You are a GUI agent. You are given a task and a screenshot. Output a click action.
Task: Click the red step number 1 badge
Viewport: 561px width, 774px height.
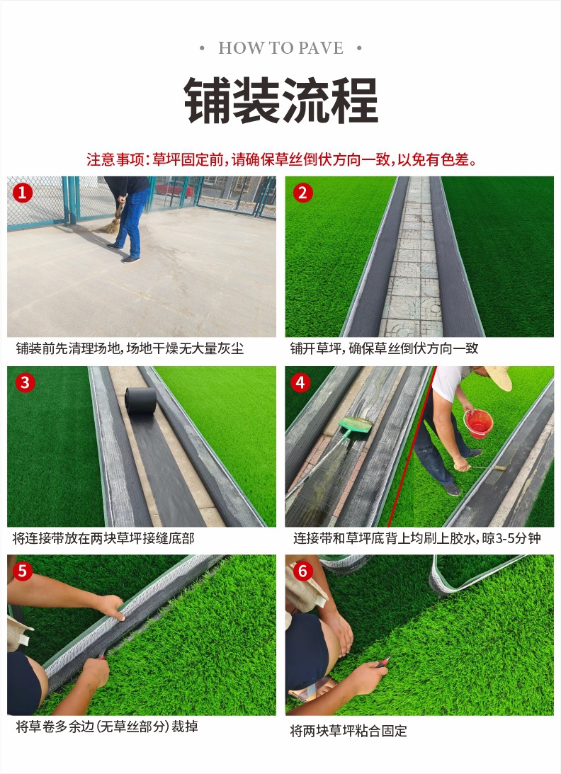coord(22,193)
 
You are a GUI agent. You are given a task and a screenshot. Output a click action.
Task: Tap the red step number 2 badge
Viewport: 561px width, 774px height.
coord(302,193)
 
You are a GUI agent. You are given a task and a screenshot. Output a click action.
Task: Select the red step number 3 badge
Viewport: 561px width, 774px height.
coord(25,382)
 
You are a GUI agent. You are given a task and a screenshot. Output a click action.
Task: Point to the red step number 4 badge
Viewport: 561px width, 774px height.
coord(300,382)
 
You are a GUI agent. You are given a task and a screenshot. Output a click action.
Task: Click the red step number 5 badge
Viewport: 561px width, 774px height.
coord(22,571)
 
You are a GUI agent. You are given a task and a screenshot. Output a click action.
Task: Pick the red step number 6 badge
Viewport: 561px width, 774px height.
coord(302,571)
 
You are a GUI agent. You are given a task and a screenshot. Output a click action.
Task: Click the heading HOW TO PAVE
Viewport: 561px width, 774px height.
coord(280,48)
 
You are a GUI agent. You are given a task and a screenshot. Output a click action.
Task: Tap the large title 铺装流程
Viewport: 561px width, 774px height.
coord(281,101)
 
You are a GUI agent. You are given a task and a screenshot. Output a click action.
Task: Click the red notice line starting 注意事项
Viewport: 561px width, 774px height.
coord(281,159)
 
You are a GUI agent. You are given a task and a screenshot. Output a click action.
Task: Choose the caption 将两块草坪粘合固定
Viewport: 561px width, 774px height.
coord(348,731)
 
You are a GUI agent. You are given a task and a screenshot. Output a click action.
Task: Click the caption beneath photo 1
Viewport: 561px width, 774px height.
coord(130,348)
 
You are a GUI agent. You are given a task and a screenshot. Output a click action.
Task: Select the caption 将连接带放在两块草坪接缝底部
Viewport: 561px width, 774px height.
coord(103,538)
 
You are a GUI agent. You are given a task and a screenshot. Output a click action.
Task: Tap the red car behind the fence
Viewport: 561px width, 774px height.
coord(175,188)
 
